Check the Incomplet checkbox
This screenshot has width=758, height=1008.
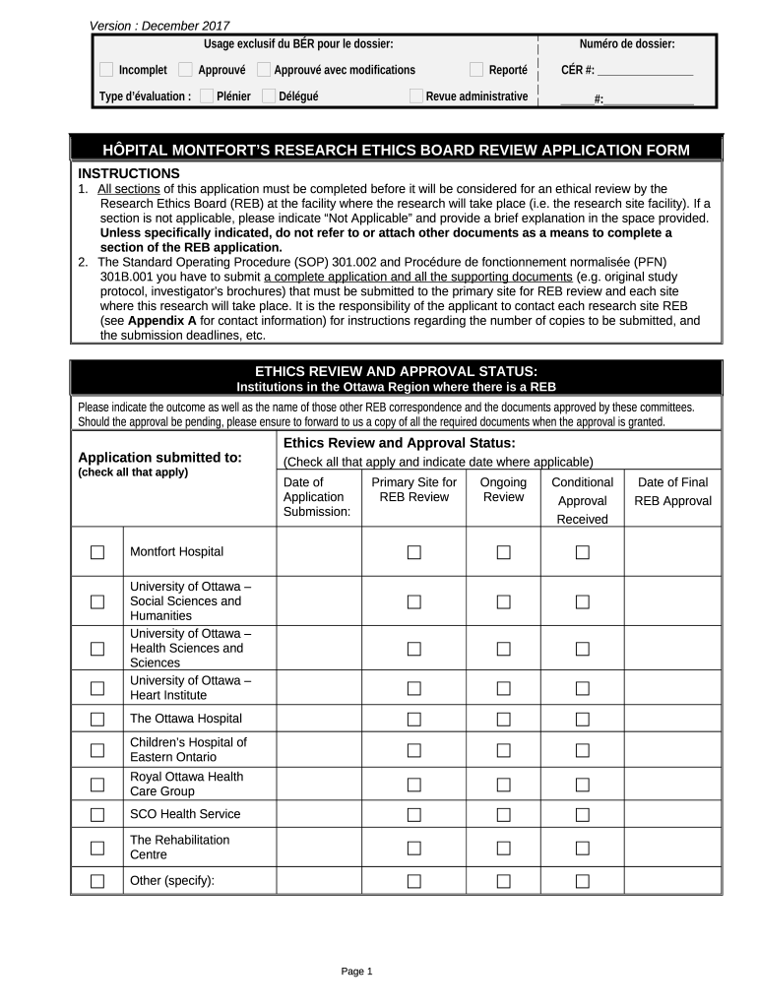(x=106, y=70)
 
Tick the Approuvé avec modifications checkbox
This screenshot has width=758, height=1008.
(x=264, y=70)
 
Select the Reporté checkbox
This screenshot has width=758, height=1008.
(x=476, y=70)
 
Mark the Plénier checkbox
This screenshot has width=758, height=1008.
(x=207, y=95)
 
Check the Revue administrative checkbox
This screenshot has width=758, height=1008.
(x=416, y=95)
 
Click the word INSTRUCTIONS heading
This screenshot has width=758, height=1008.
(x=129, y=173)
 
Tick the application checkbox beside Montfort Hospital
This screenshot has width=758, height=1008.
(x=97, y=552)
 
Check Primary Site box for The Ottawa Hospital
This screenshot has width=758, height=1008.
(x=413, y=720)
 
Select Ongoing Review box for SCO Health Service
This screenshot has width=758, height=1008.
(x=503, y=814)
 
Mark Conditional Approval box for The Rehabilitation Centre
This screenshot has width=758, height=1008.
(x=582, y=848)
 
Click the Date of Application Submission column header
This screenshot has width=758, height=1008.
(x=316, y=497)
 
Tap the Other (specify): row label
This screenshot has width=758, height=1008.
(x=172, y=880)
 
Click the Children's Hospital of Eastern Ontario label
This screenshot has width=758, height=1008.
(x=188, y=750)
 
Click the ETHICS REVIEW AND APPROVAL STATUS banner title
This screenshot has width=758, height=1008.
(x=396, y=370)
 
